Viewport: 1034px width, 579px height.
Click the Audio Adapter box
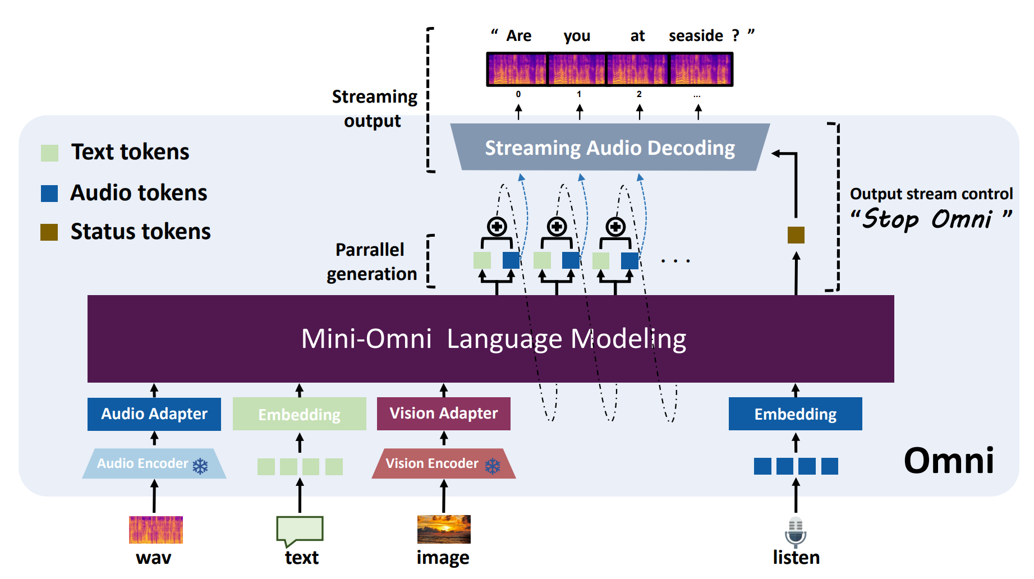click(154, 414)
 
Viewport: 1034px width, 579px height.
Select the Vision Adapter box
click(443, 413)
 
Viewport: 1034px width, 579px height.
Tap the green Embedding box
click(299, 414)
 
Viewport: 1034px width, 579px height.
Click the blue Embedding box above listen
click(795, 414)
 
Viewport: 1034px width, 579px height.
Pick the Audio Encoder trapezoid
click(154, 463)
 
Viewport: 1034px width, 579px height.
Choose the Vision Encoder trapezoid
click(443, 463)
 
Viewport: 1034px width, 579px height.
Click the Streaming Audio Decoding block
click(610, 148)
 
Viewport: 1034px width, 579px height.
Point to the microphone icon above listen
click(796, 532)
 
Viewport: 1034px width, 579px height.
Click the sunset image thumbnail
click(444, 530)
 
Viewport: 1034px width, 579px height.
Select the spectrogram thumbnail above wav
click(156, 530)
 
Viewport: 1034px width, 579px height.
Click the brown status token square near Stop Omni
click(796, 235)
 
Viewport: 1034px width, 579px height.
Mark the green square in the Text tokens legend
click(50, 153)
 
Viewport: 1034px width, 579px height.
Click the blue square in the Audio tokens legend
click(49, 193)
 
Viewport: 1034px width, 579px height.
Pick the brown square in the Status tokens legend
click(49, 232)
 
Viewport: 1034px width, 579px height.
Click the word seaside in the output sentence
click(696, 36)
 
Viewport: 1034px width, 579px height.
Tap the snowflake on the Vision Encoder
click(493, 466)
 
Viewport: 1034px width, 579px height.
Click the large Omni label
click(949, 461)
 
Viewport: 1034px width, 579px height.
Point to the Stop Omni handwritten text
click(931, 219)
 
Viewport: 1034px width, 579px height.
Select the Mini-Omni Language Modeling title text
click(494, 339)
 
